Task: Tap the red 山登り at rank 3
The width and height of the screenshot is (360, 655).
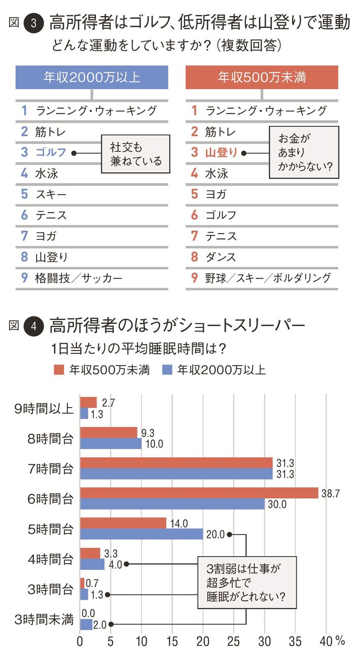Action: [221, 152]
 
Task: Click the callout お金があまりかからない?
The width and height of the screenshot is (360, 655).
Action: [303, 153]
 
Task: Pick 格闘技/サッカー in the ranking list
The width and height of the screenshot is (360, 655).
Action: [79, 278]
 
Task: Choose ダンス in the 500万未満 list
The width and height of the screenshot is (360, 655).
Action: [221, 257]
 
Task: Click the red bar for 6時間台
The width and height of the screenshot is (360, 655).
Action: [199, 493]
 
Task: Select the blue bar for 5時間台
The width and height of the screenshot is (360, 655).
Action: [141, 534]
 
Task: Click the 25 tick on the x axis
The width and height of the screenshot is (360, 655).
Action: [234, 640]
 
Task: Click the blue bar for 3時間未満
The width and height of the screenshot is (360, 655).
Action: [86, 624]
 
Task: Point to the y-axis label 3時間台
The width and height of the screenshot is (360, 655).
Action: [51, 589]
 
